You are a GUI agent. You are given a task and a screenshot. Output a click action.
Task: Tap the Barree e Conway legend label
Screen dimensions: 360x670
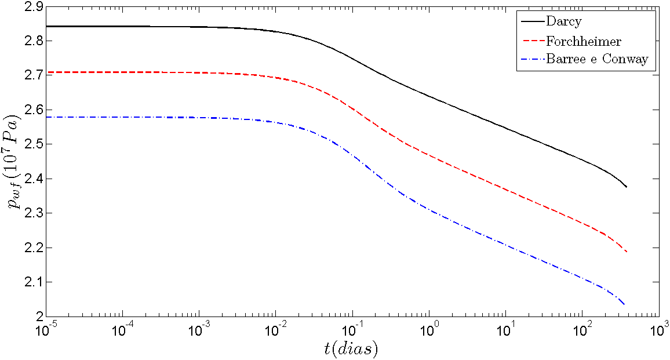tap(596, 59)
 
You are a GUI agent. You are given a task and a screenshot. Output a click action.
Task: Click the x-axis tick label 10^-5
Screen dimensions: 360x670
tap(46, 330)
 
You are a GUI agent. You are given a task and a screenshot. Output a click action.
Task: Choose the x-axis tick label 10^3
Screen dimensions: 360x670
tap(658, 330)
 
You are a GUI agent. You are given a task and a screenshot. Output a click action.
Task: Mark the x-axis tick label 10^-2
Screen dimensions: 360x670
tap(276, 330)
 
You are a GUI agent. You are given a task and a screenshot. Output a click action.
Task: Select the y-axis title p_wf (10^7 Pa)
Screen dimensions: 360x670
tap(13, 162)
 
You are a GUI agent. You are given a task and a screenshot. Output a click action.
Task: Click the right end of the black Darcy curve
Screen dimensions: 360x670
tap(627, 187)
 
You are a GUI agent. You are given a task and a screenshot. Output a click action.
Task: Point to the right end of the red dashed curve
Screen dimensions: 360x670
tap(627, 252)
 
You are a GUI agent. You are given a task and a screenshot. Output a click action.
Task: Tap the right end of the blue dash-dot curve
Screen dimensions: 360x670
tap(625, 305)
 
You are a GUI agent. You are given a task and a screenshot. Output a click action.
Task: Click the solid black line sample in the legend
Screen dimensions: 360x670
tap(531, 23)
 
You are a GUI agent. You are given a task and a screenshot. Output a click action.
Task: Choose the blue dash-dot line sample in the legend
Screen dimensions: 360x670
tap(531, 59)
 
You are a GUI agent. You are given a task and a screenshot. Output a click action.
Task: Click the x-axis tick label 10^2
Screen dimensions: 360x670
tap(582, 330)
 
